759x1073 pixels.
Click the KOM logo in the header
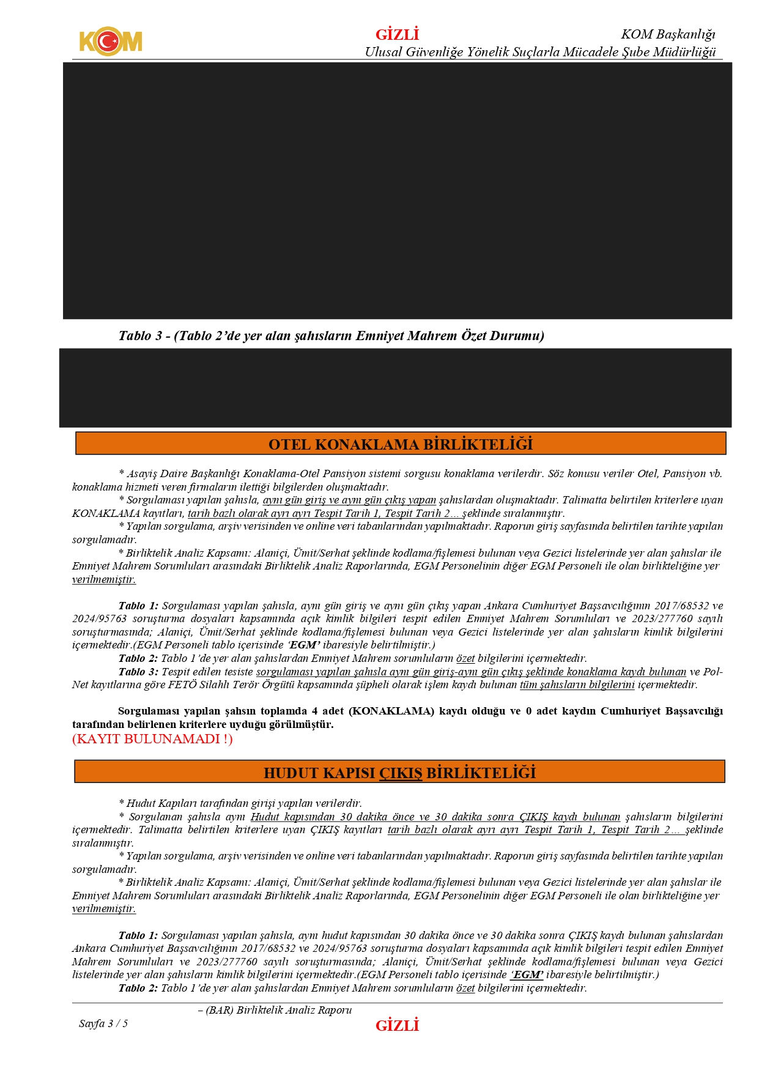(x=111, y=41)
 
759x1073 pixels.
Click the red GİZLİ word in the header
(x=397, y=34)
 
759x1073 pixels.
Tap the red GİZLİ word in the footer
(x=397, y=1025)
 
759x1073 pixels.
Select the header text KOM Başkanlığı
(x=668, y=34)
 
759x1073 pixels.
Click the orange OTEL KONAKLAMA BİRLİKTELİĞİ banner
(x=401, y=444)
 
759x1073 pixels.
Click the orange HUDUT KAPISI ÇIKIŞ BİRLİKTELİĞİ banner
(x=399, y=773)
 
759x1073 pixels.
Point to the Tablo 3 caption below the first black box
(x=331, y=335)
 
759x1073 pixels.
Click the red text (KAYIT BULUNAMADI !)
(x=152, y=739)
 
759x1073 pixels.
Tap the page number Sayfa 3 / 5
(x=103, y=1023)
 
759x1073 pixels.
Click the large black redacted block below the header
(x=397, y=190)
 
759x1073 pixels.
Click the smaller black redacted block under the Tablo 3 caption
(x=395, y=388)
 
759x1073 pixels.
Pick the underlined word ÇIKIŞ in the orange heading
(x=401, y=773)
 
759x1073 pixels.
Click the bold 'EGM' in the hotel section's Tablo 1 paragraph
(x=304, y=645)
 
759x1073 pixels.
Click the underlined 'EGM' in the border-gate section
(x=527, y=975)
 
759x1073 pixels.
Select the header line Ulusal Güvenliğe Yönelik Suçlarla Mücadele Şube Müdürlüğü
(x=540, y=52)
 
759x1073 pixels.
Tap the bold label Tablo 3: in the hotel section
(x=138, y=672)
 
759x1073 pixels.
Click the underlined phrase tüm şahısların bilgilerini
(x=577, y=685)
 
